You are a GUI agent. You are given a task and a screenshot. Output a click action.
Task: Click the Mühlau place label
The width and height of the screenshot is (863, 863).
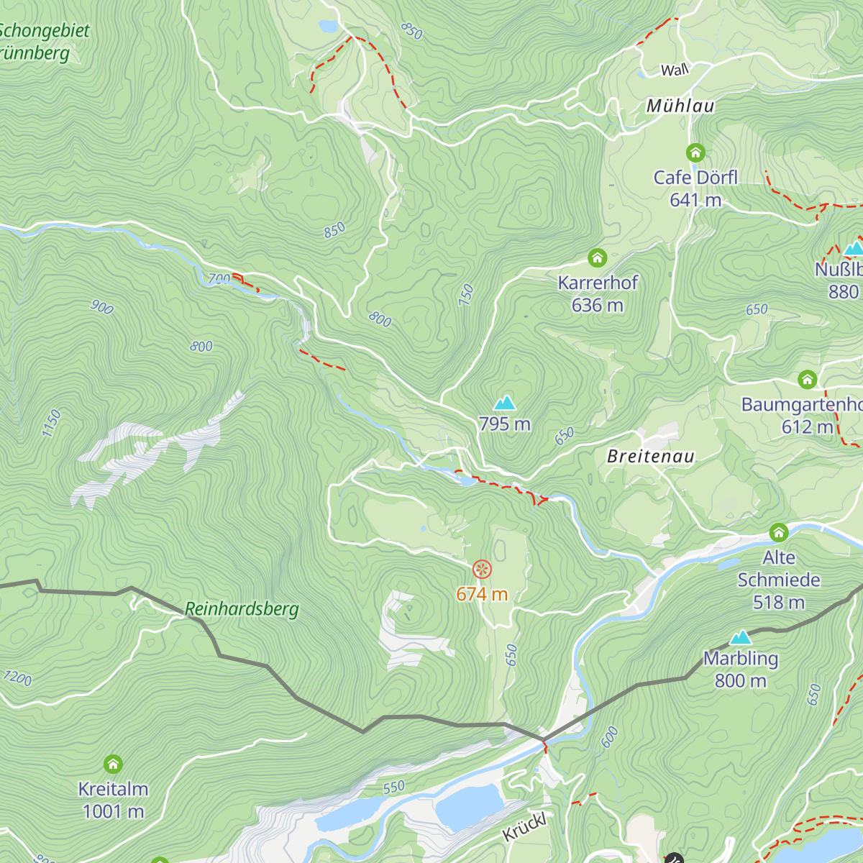[680, 106]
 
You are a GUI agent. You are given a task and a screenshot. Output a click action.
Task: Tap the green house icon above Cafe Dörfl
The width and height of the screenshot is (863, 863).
[695, 152]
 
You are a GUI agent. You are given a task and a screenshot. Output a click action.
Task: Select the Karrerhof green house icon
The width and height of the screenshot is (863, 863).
[597, 257]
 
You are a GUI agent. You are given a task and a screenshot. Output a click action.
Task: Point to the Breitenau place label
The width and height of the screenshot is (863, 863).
[651, 456]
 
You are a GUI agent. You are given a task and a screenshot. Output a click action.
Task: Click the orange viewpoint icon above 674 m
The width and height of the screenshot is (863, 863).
[482, 570]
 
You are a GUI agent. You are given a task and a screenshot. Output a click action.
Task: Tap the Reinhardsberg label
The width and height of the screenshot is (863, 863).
[242, 609]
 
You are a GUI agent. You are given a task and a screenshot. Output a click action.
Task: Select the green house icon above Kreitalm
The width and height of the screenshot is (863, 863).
[113, 764]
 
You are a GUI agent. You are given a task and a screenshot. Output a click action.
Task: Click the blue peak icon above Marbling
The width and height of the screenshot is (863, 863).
[741, 637]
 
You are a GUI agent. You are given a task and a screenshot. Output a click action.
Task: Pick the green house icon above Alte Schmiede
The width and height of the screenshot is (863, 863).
[779, 533]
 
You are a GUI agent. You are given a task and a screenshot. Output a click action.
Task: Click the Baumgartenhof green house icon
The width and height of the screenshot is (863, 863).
[808, 379]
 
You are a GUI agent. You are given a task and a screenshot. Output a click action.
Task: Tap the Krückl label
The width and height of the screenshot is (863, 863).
[524, 827]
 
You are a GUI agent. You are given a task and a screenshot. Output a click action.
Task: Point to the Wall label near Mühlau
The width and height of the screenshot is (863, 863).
[675, 70]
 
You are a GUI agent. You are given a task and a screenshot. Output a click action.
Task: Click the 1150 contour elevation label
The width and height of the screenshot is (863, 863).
[51, 423]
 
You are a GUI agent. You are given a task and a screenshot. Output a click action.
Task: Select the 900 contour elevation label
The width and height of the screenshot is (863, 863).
[102, 307]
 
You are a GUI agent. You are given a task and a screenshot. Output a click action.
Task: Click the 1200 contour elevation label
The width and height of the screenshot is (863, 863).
[17, 677]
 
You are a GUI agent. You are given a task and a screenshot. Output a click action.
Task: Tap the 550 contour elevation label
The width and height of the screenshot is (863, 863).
[393, 787]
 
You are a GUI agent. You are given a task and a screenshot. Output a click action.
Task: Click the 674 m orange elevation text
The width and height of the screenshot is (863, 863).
[482, 594]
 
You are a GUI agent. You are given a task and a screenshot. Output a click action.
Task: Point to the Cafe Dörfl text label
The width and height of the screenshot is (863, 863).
[695, 177]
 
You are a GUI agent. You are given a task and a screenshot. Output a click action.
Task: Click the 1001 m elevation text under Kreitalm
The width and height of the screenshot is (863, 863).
[113, 812]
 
